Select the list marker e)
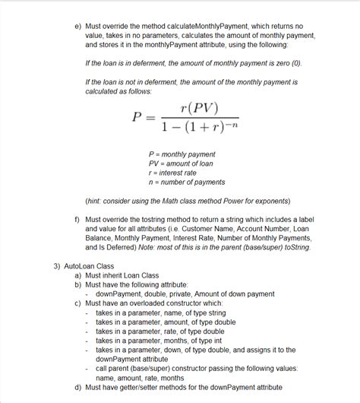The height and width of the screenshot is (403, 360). [77, 25]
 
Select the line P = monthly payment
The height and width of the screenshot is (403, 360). [182, 154]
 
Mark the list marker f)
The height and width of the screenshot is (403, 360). [77, 219]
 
